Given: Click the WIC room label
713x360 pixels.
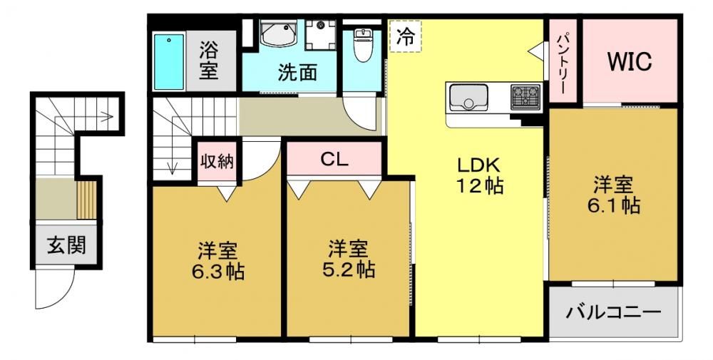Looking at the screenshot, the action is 630,61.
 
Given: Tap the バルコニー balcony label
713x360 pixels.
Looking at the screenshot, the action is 613,313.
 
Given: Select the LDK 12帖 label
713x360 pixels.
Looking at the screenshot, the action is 479,175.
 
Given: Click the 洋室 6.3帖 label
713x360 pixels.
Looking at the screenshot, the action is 217,261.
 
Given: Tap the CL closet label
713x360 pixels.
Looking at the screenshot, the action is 334,159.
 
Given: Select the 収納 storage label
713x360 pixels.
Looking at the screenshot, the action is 217,161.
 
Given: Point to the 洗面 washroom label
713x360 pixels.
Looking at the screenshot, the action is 297,73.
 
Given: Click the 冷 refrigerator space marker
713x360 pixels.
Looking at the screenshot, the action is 405,36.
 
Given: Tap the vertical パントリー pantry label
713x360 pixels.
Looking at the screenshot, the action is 562,62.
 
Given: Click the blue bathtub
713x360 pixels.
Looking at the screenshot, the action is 169,62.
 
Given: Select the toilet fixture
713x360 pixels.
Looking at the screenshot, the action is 362,45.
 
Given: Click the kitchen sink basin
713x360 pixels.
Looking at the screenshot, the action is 468,98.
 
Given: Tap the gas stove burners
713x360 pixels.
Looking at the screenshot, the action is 525,97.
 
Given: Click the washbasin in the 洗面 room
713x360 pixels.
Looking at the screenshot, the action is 279,32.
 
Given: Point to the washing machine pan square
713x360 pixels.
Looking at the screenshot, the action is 321,34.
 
